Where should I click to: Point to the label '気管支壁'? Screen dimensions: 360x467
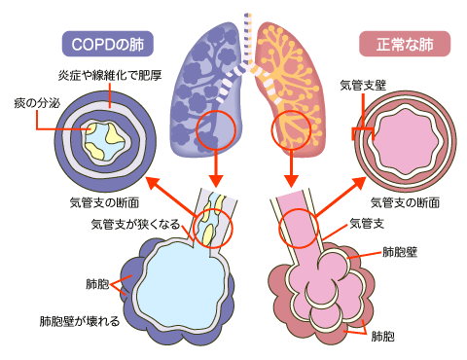pyautogui.click(x=362, y=86)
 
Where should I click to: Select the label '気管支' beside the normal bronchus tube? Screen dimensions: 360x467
pyautogui.click(x=367, y=225)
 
